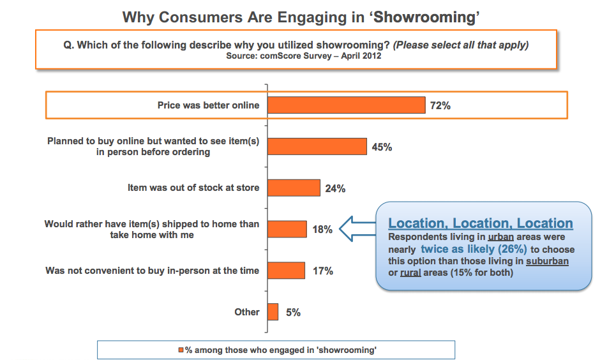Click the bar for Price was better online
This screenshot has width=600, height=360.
point(346,105)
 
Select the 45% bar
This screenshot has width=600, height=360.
point(317,147)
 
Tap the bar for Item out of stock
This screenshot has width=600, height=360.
point(294,188)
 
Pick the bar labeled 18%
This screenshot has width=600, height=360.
point(287,229)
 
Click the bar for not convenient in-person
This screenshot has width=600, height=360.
point(286,271)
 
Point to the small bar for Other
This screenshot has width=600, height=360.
point(273,312)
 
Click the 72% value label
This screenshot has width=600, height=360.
point(440,106)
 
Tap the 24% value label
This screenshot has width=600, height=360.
point(335,188)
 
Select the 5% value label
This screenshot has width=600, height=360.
point(293,313)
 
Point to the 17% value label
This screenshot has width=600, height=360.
point(322,271)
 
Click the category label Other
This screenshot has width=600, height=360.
point(247,312)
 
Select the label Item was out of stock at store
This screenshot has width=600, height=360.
point(193,188)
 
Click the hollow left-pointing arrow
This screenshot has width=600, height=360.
point(357,229)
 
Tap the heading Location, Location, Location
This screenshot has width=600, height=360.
point(480,223)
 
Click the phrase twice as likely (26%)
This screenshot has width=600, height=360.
point(474,249)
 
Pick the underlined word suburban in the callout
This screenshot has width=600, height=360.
point(547,261)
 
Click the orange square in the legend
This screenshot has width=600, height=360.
point(181,350)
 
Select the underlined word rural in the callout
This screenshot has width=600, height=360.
point(411,273)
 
